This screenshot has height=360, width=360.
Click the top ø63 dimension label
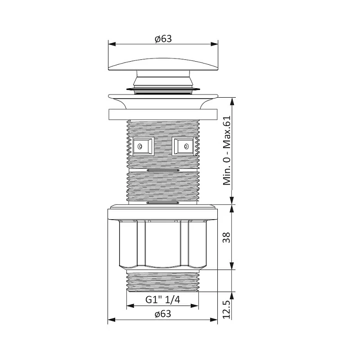[x=163, y=39]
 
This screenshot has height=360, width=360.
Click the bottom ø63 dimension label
[x=163, y=314]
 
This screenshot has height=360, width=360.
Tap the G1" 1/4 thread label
[x=163, y=300]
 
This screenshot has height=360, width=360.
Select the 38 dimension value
[x=226, y=238]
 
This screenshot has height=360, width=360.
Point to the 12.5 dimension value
[x=226, y=310]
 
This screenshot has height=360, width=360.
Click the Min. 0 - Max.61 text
[x=227, y=150]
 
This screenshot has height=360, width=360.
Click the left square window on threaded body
[x=144, y=147]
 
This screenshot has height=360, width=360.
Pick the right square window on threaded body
[x=183, y=147]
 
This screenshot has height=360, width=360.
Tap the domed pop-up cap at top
[x=163, y=64]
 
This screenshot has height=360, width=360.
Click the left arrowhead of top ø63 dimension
[x=112, y=44]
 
